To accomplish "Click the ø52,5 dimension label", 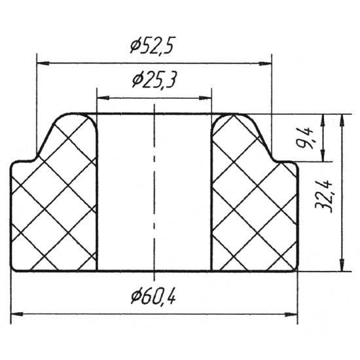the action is (151, 45).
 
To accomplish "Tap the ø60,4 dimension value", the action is (153, 296).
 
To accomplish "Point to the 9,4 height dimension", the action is (305, 137).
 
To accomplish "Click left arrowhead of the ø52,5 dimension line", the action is (43, 63).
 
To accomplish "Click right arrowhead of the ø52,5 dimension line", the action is (265, 63).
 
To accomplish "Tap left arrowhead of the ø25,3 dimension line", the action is (103, 98).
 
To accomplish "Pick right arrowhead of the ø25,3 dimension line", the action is (205, 98).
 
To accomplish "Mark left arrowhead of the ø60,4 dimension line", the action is (17, 314).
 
